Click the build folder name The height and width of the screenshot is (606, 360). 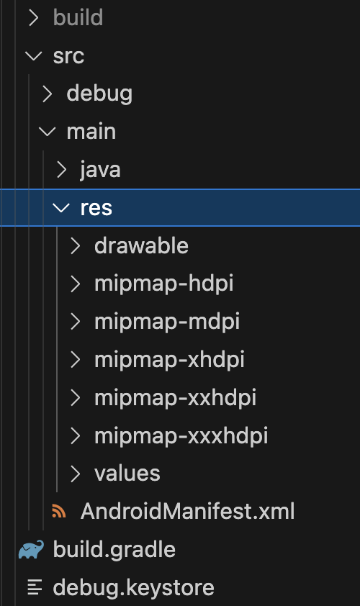pyautogui.click(x=78, y=17)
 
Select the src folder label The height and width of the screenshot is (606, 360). pyautogui.click(x=68, y=56)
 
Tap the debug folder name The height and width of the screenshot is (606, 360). pyautogui.click(x=99, y=94)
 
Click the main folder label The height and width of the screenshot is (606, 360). pyautogui.click(x=91, y=132)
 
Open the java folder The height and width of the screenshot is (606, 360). pyautogui.click(x=100, y=170)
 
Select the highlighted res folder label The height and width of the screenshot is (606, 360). pyautogui.click(x=96, y=208)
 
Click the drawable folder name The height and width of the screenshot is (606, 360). pyautogui.click(x=141, y=246)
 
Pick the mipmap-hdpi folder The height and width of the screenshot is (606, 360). pyautogui.click(x=163, y=284)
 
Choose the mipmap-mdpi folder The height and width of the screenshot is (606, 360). pyautogui.click(x=166, y=322)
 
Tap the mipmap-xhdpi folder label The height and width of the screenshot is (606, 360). pyautogui.click(x=169, y=360)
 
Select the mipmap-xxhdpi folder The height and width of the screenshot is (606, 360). pyautogui.click(x=175, y=398)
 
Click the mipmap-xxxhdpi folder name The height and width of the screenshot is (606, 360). pyautogui.click(x=181, y=436)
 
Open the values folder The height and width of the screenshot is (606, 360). pyautogui.click(x=127, y=474)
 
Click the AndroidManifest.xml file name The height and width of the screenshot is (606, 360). pyautogui.click(x=187, y=511)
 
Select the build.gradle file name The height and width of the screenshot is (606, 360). pyautogui.click(x=114, y=550)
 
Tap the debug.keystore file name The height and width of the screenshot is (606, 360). pyautogui.click(x=133, y=587)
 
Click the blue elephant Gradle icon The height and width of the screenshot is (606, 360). pyautogui.click(x=31, y=550)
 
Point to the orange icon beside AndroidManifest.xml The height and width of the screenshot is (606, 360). pyautogui.click(x=59, y=511)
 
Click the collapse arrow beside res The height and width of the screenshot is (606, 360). pyautogui.click(x=61, y=208)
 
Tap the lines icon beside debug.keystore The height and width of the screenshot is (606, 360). pyautogui.click(x=35, y=587)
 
